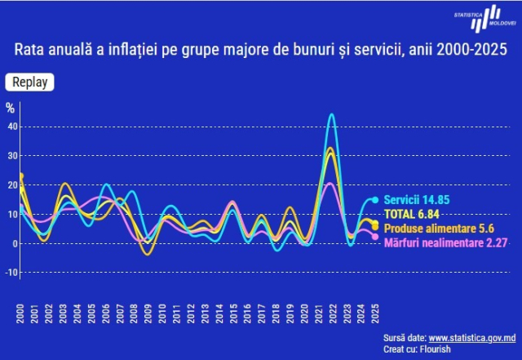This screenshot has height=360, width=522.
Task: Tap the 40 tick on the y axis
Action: [x=12, y=127]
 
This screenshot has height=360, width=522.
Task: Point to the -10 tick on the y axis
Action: [x=11, y=273]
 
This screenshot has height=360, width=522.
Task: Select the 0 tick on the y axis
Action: [x=14, y=243]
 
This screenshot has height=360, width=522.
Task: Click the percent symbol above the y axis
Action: [x=11, y=107]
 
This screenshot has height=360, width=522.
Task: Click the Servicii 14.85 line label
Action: [x=416, y=199]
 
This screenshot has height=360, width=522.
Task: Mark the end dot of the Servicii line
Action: [x=375, y=200]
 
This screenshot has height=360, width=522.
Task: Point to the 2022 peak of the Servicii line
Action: [x=331, y=114]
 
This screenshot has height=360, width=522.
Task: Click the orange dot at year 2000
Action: [x=20, y=176]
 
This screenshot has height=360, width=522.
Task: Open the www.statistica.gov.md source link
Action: [x=472, y=337]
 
